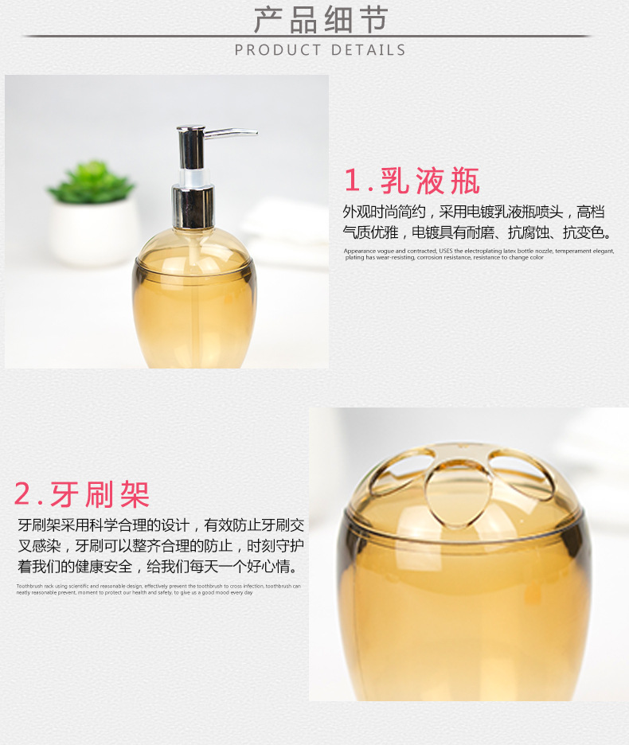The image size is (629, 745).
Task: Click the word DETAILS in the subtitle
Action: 368,50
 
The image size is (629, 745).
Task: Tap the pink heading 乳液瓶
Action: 430,181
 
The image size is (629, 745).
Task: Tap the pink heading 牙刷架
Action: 100,494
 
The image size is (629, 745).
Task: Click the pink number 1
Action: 352,181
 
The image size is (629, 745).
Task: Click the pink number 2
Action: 24,495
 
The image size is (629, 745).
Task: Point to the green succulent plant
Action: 92,182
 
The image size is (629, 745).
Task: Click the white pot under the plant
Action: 94,231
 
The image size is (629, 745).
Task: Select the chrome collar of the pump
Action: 193,206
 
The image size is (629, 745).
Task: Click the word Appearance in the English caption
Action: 360,251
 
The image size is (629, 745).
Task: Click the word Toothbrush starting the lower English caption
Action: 30,586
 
